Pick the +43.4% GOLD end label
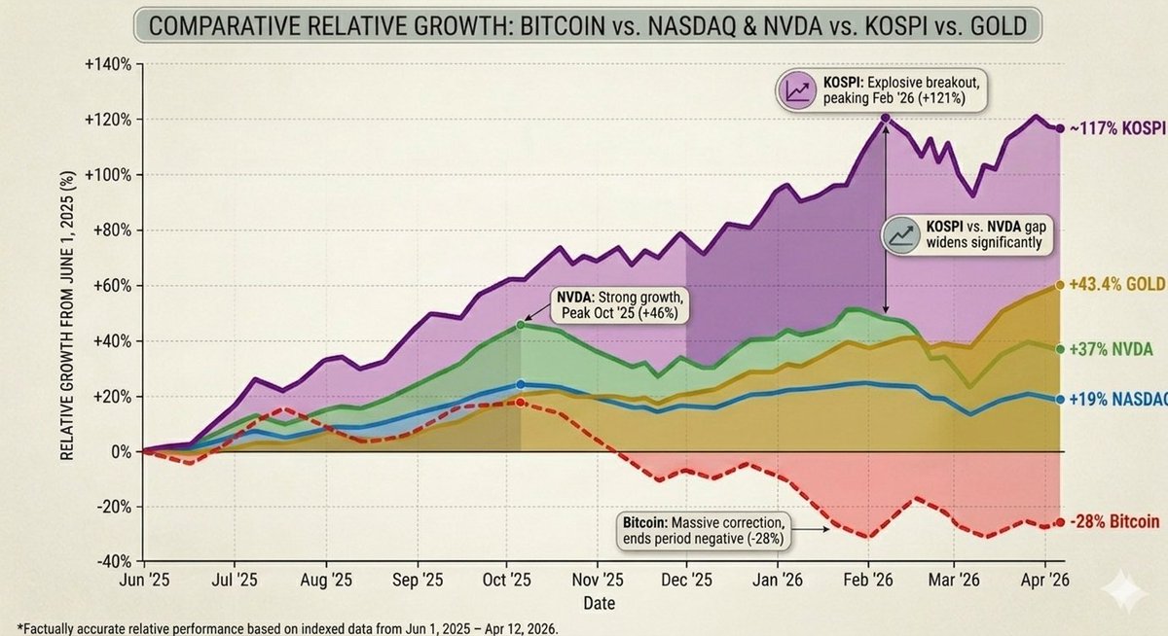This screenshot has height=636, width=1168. (x=1117, y=285)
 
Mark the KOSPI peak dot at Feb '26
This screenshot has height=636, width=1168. (x=886, y=118)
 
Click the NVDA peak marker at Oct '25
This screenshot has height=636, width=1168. (x=521, y=325)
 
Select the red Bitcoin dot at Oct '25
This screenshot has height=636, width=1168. (x=521, y=402)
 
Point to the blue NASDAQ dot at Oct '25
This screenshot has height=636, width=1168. (x=521, y=384)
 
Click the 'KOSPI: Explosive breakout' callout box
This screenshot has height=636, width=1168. (x=881, y=91)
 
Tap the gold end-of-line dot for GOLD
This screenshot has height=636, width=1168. (x=1059, y=286)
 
